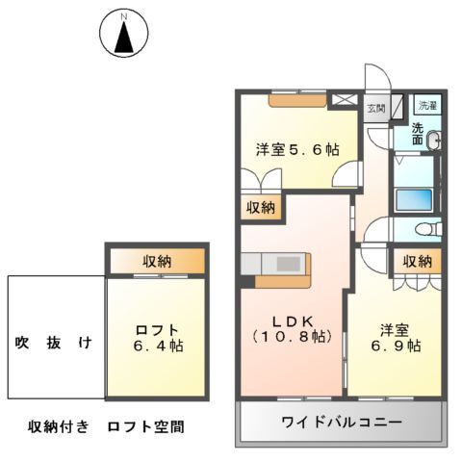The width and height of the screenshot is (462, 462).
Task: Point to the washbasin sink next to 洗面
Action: (x=434, y=141)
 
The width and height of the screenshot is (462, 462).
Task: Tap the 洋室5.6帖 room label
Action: (x=295, y=150)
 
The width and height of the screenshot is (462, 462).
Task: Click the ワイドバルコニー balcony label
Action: (x=342, y=422)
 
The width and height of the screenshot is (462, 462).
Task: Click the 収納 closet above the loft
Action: (x=156, y=260)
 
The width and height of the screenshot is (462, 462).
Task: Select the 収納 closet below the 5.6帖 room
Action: (x=260, y=207)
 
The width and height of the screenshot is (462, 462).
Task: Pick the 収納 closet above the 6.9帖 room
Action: (x=416, y=261)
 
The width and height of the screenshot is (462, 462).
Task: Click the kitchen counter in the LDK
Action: (x=276, y=264)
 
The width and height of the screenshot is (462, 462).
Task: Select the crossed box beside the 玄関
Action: (x=344, y=99)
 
